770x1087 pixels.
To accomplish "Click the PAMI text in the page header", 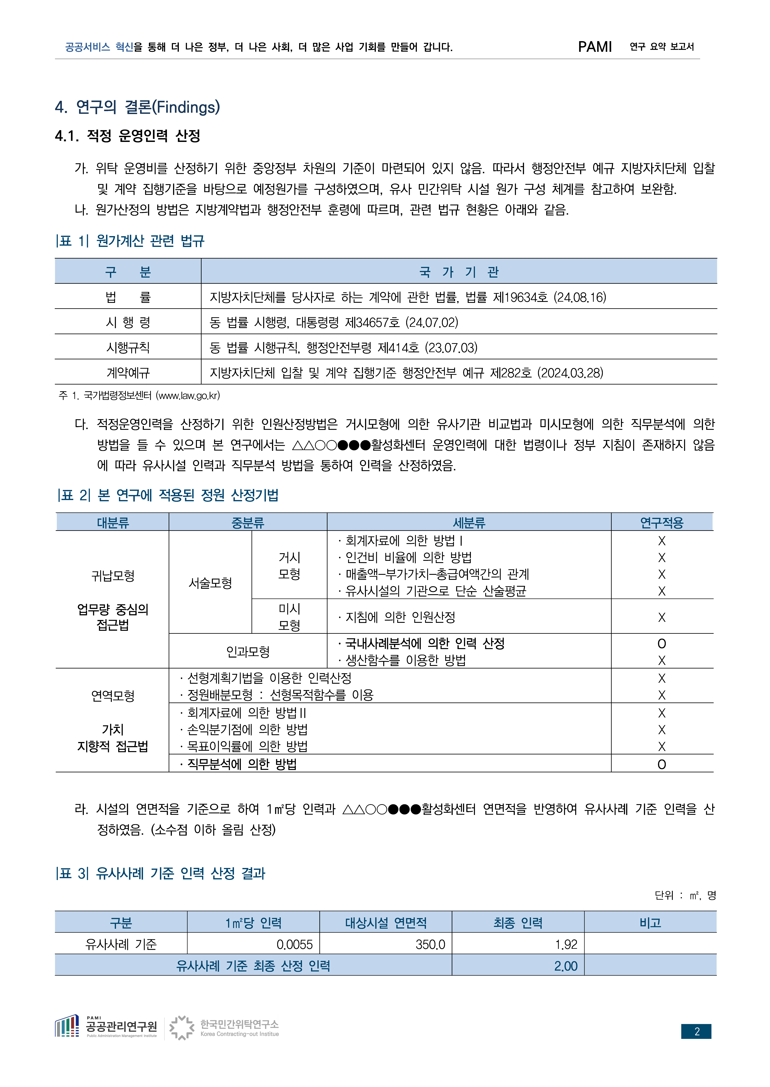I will [x=595, y=47].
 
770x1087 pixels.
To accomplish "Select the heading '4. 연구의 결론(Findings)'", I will [x=137, y=107].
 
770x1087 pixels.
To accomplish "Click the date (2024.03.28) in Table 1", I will [x=570, y=373].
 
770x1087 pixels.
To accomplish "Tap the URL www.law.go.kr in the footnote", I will [x=188, y=396].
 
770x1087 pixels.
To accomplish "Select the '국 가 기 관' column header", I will [x=459, y=272].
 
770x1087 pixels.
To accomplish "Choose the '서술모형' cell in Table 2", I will [x=210, y=583].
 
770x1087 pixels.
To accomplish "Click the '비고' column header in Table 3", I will [x=650, y=922].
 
